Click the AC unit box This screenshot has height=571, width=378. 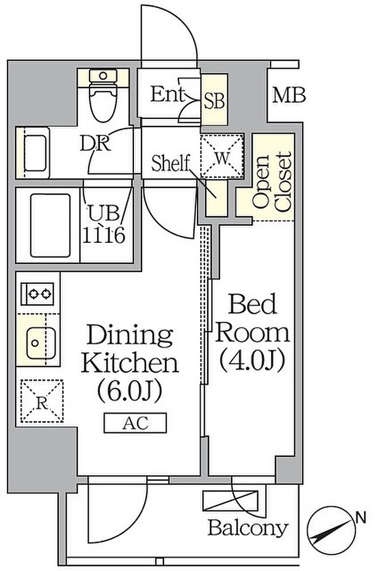(135, 422)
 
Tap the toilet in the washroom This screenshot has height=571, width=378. (103, 95)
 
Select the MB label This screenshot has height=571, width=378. (289, 95)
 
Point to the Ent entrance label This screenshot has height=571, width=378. (168, 94)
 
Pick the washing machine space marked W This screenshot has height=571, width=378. (222, 156)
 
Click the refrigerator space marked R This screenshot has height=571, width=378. (42, 401)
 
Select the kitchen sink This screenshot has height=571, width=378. (40, 343)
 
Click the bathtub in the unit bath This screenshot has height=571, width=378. (50, 225)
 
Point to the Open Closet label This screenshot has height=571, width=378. (273, 182)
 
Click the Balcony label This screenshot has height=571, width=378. (248, 528)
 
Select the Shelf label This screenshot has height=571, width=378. (171, 163)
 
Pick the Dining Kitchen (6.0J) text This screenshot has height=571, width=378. (130, 363)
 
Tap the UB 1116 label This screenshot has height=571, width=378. (104, 225)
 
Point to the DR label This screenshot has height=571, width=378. (95, 144)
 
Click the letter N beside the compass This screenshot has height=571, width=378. (361, 517)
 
